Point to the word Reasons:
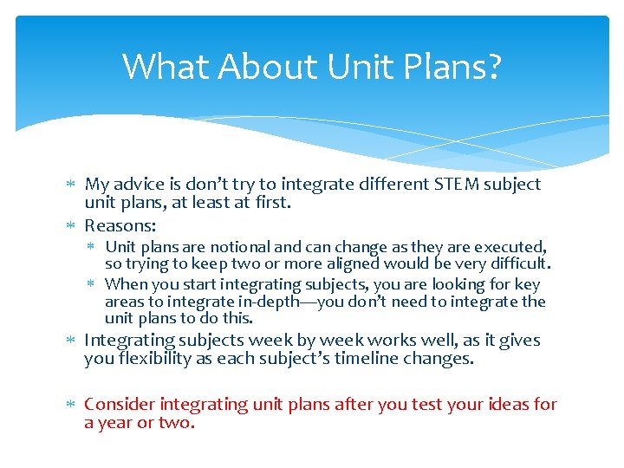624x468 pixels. (x=120, y=225)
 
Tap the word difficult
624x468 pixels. (x=516, y=263)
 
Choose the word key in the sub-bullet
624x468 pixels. (x=526, y=284)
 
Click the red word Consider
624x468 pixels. (x=120, y=404)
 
